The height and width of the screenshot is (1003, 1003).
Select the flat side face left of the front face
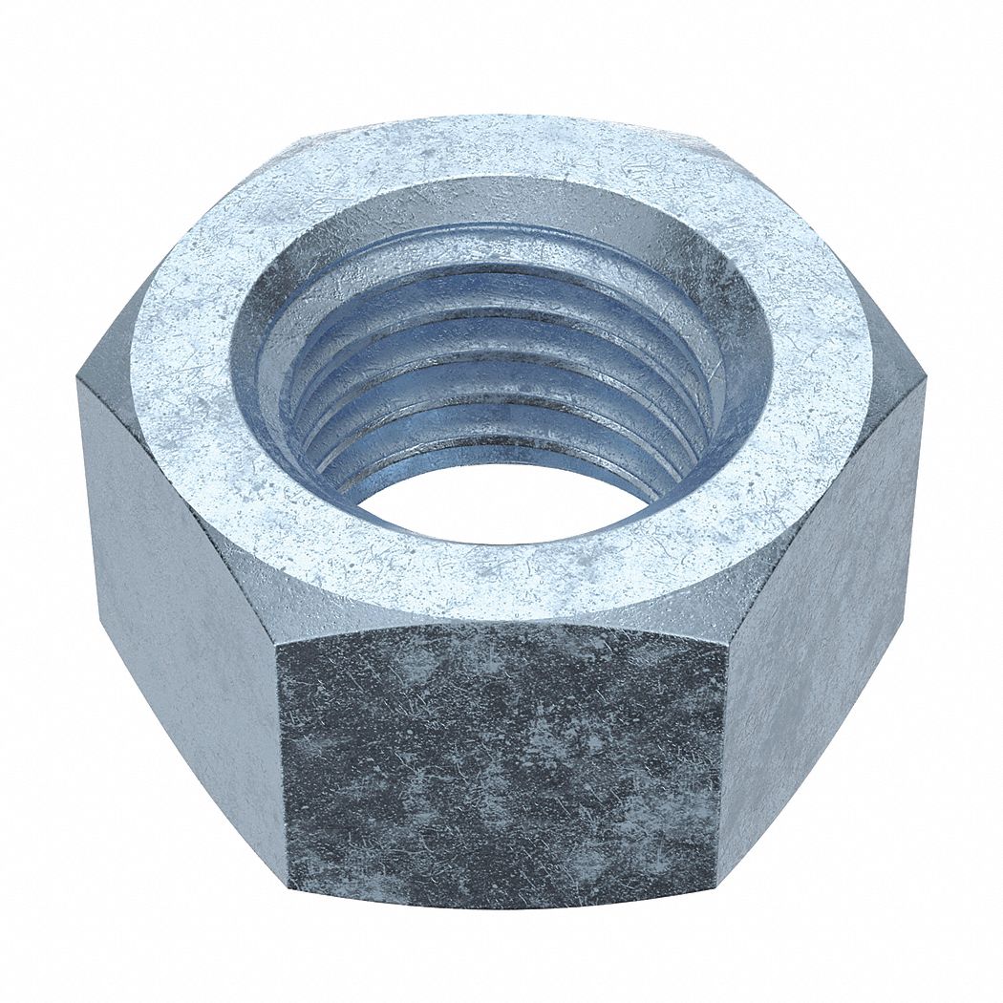click(181, 611)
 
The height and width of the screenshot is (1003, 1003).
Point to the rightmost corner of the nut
click(925, 382)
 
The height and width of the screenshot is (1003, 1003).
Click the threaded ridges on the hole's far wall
click(501, 315)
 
